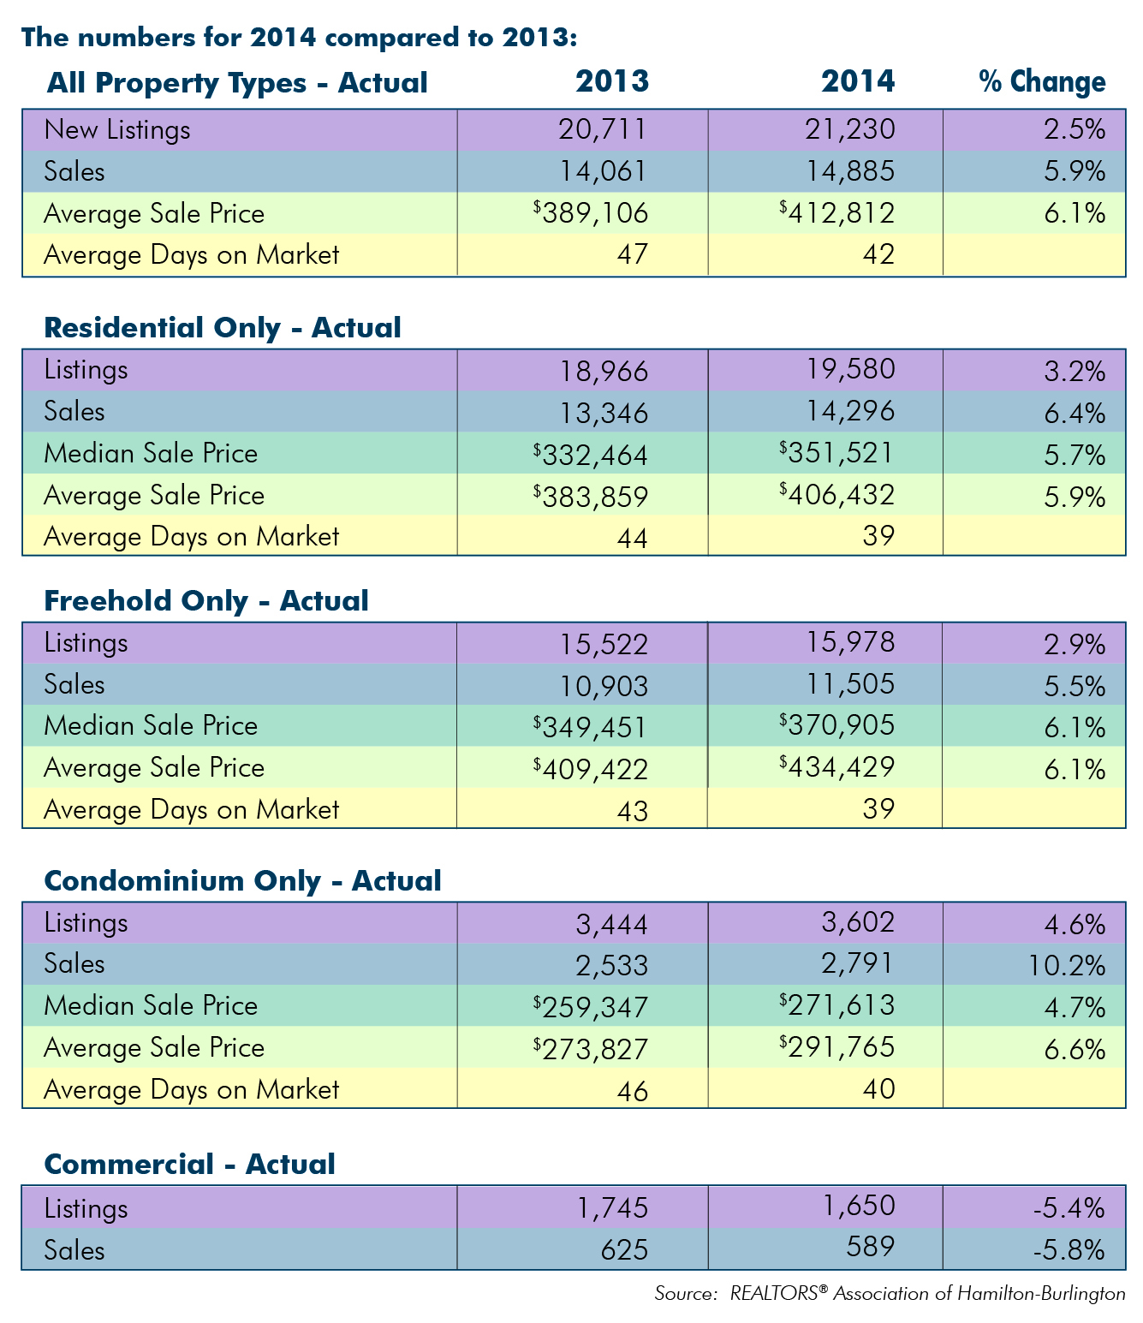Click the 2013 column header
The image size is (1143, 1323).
point(611,81)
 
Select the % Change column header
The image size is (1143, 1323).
point(1042,81)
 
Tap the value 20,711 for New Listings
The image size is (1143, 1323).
point(601,129)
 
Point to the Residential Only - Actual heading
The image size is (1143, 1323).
point(222,328)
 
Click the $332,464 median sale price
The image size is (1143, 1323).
point(590,453)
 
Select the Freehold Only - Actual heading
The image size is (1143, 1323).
point(205,601)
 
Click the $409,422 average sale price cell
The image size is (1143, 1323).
point(590,768)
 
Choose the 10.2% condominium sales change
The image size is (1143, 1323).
point(1064,965)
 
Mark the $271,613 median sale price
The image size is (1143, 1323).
point(836,1005)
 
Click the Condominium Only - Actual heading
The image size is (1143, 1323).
point(242,881)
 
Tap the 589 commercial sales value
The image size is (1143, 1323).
point(870,1246)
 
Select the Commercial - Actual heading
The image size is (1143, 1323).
point(189,1165)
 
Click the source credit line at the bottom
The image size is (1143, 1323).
point(890,1294)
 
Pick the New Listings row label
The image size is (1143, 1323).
point(116,130)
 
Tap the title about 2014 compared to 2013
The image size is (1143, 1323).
point(299,38)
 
